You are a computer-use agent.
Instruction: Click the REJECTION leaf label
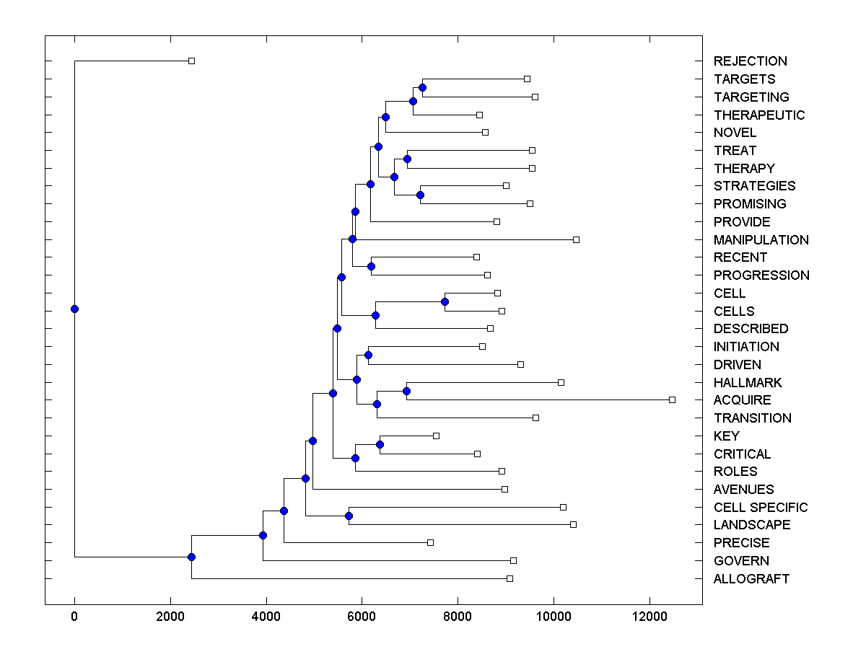(x=750, y=61)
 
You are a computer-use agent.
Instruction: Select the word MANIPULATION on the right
(x=761, y=239)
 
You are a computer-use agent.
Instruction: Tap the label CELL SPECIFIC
(x=760, y=507)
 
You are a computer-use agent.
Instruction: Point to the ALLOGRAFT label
(x=751, y=578)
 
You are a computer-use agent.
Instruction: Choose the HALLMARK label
(x=748, y=382)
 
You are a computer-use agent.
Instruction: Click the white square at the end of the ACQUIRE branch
(x=672, y=399)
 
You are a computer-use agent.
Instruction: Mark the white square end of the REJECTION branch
(x=191, y=61)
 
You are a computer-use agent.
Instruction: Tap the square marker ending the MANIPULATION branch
(x=576, y=239)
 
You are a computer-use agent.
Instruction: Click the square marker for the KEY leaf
(x=436, y=436)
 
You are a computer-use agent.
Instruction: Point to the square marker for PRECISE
(x=430, y=542)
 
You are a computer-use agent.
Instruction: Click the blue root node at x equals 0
(x=74, y=309)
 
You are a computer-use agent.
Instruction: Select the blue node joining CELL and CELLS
(x=445, y=301)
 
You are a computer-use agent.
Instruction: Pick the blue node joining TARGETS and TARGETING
(x=422, y=87)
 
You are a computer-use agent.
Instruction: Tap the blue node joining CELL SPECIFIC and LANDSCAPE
(x=349, y=516)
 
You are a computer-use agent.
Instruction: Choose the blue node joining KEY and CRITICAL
(x=380, y=444)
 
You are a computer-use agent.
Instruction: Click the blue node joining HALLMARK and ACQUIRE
(x=406, y=391)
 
